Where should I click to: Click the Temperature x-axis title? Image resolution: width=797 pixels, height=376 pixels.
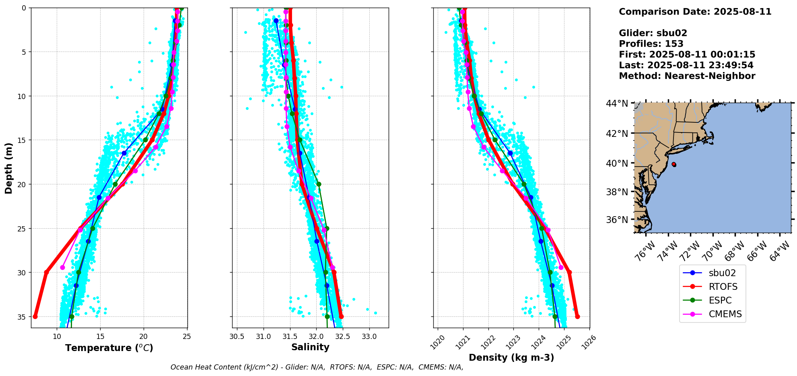pyautogui.click(x=109, y=348)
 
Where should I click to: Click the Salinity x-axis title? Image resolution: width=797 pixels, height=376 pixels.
pyautogui.click(x=310, y=347)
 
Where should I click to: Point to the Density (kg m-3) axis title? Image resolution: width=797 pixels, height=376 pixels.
pyautogui.click(x=511, y=357)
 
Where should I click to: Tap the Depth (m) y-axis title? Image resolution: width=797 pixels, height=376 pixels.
pyautogui.click(x=8, y=168)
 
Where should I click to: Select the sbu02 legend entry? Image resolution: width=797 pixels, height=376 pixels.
pyautogui.click(x=713, y=273)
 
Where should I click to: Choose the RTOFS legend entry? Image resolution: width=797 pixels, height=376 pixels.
pyautogui.click(x=713, y=287)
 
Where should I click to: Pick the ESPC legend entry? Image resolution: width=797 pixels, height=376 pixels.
pyautogui.click(x=713, y=300)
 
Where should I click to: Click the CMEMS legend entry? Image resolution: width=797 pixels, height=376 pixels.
pyautogui.click(x=713, y=314)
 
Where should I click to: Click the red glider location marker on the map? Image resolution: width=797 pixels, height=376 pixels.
pyautogui.click(x=674, y=164)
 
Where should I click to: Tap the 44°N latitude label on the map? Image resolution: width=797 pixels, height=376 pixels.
pyautogui.click(x=617, y=104)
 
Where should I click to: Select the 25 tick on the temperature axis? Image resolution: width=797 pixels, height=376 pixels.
pyautogui.click(x=187, y=336)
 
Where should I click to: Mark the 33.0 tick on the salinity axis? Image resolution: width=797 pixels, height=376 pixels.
pyautogui.click(x=369, y=336)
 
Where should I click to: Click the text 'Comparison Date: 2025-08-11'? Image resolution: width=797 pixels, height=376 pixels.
pyautogui.click(x=695, y=12)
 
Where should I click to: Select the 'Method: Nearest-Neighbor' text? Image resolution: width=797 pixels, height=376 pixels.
pyautogui.click(x=687, y=76)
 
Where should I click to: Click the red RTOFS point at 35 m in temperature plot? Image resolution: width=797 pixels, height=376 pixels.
pyautogui.click(x=35, y=316)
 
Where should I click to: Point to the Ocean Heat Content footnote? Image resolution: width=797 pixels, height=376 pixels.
pyautogui.click(x=317, y=367)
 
